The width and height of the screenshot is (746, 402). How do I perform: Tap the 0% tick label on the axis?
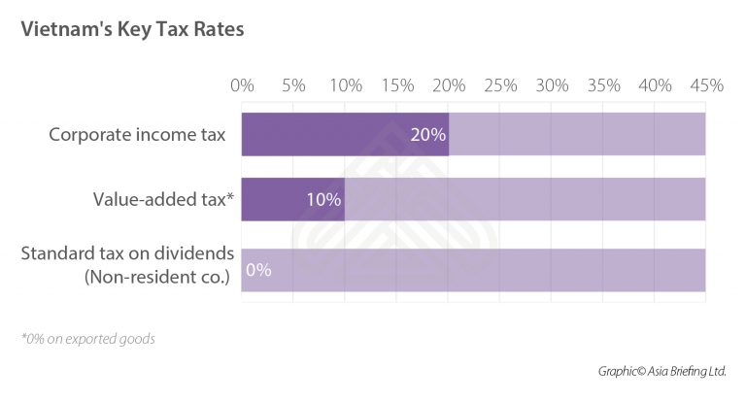242,85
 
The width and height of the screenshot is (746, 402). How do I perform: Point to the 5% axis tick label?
293,85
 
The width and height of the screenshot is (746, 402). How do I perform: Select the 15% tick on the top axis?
397,85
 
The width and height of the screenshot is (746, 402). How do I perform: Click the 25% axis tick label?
500,85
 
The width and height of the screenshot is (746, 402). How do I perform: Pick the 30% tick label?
552,85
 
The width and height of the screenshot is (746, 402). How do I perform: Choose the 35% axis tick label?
604,85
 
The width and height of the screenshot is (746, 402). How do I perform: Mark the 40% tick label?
656,85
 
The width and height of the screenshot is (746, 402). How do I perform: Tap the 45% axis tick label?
706,85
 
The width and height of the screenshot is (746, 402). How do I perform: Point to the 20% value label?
428,135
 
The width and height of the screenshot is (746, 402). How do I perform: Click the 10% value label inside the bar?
323,201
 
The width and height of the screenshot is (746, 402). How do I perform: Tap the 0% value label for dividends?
258,270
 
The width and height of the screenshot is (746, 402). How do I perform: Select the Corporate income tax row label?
136,134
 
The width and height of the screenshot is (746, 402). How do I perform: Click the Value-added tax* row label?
164,200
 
